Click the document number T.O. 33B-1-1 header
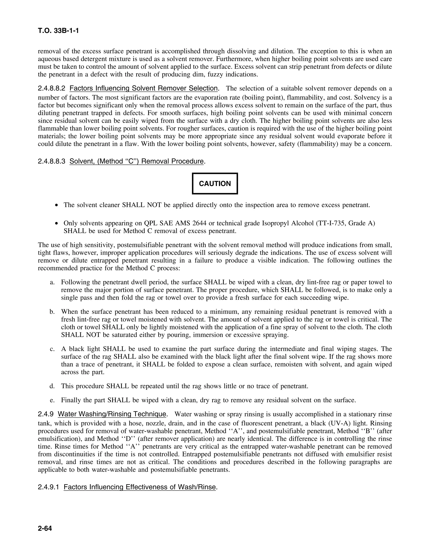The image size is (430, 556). pyautogui.click(x=58, y=31)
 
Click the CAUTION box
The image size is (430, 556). pyautogui.click(x=215, y=184)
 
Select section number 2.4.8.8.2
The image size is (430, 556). pyautogui.click(x=52, y=88)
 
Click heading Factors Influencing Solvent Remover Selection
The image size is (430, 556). pyautogui.click(x=144, y=88)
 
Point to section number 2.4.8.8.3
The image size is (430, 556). pyautogui.click(x=52, y=161)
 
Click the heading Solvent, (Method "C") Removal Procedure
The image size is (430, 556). pyautogui.click(x=136, y=161)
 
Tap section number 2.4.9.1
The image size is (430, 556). pyautogui.click(x=49, y=487)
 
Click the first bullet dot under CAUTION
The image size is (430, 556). pyautogui.click(x=56, y=205)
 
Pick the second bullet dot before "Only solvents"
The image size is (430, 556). pyautogui.click(x=56, y=223)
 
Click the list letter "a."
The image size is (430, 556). pyautogui.click(x=52, y=282)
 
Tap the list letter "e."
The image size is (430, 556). pyautogui.click(x=52, y=400)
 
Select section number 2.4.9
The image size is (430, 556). pyautogui.click(x=46, y=414)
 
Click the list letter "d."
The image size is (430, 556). pyautogui.click(x=52, y=386)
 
